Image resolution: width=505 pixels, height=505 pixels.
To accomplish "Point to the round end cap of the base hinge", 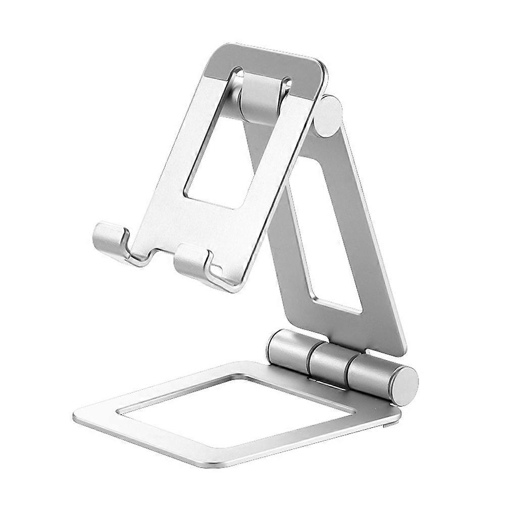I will coord(406,385).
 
